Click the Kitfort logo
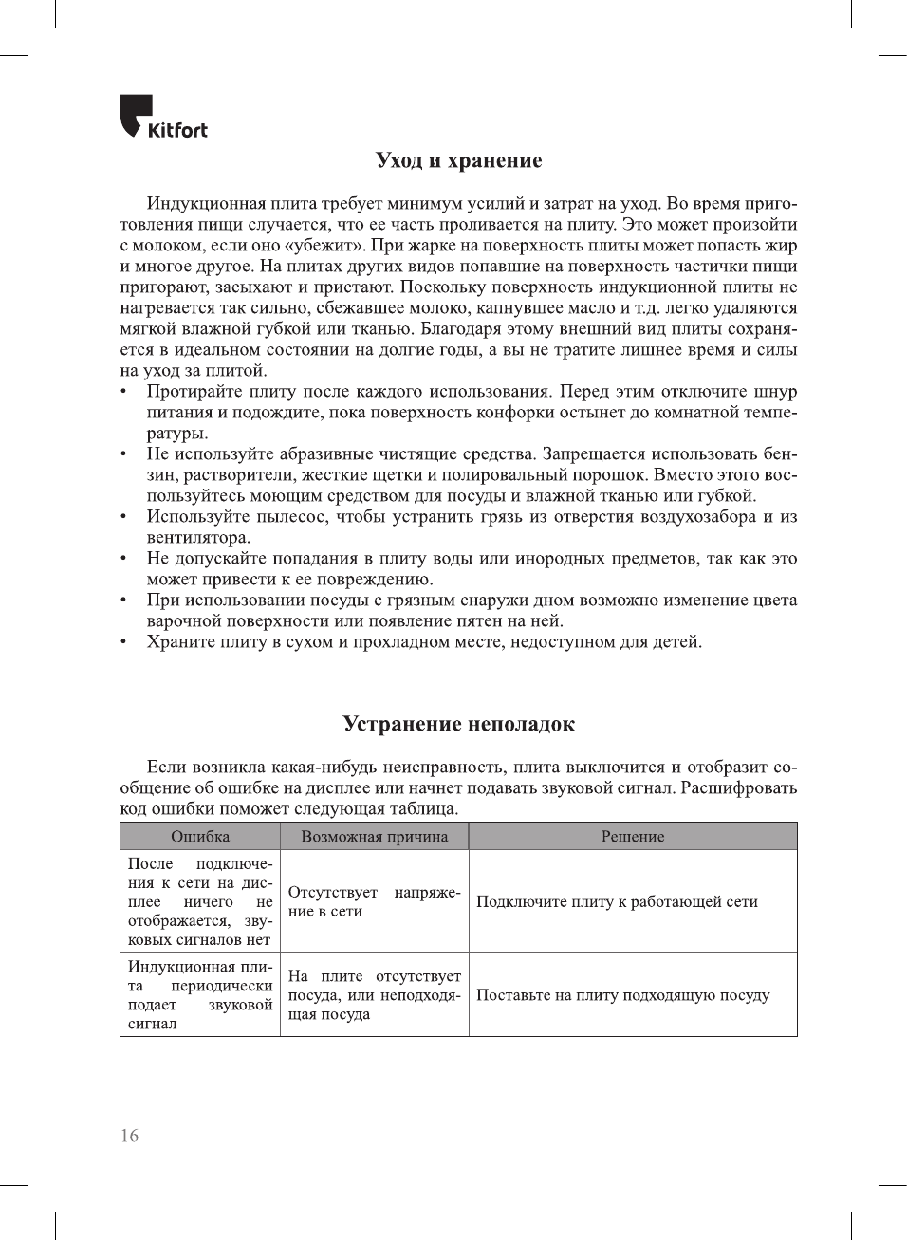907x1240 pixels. (x=163, y=117)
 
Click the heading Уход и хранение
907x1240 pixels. (x=458, y=160)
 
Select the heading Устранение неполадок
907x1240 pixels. (x=458, y=725)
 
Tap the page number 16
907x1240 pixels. (x=129, y=1136)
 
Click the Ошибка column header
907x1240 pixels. (x=200, y=837)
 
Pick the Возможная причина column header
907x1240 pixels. (x=374, y=837)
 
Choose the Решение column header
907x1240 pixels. (x=633, y=837)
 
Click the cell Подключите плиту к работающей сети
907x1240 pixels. (x=617, y=902)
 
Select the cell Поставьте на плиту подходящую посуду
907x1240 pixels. (x=622, y=995)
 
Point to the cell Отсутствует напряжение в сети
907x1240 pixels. (x=374, y=902)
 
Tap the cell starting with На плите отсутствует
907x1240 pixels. (x=374, y=995)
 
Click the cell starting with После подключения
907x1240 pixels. (x=200, y=901)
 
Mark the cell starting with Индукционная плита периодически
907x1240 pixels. (x=200, y=995)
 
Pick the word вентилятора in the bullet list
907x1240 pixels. (x=196, y=538)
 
